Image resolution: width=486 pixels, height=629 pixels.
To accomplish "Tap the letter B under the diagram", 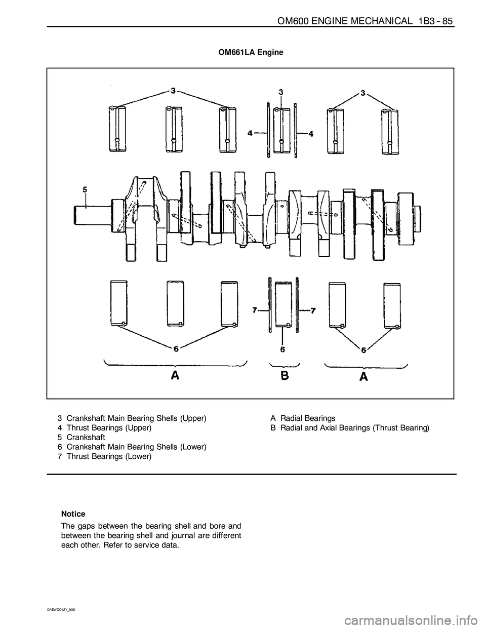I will click(285, 375).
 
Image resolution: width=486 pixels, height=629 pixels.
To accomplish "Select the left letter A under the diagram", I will click(175, 375).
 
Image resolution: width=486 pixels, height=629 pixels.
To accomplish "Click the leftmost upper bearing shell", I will click(117, 129).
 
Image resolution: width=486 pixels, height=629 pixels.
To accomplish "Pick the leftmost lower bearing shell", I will click(119, 303).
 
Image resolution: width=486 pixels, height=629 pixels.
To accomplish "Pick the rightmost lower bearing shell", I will click(392, 305).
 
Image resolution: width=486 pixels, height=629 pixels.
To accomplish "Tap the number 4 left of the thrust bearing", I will click(250, 133).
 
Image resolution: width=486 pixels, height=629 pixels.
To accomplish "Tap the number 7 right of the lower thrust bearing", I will click(313, 310).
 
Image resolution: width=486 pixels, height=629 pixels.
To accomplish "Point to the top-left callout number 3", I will click(173, 91).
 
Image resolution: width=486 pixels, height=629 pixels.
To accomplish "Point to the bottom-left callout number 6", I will click(176, 348).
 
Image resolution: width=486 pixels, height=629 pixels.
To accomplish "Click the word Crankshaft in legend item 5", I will click(86, 437).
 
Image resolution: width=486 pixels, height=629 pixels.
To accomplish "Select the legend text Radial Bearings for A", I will click(308, 418).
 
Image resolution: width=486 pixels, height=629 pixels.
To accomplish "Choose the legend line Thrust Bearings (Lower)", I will click(109, 456).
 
